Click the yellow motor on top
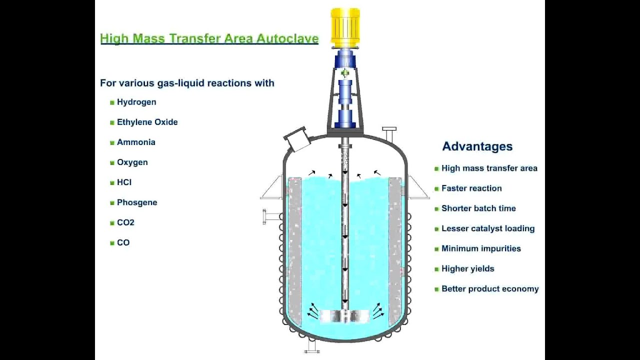[345, 27]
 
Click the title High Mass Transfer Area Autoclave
[209, 38]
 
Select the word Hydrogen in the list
[136, 102]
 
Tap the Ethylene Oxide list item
[147, 122]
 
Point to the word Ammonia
[136, 142]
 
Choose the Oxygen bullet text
[132, 162]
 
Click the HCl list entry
[124, 182]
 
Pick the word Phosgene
[137, 202]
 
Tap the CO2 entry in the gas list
[125, 222]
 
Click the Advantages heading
[477, 146]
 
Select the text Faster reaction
[471, 188]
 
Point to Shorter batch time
[478, 208]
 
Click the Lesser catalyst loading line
[487, 228]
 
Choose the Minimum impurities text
[480, 248]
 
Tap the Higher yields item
[467, 268]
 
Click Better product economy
[489, 289]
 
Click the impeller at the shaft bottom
[344, 316]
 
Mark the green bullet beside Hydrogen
[112, 102]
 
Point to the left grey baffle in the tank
[294, 250]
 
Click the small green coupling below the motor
[345, 74]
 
